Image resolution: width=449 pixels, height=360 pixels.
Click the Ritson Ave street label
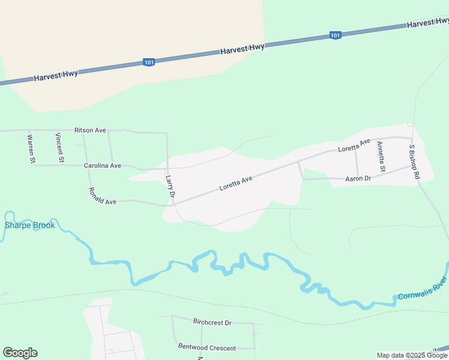[90, 130]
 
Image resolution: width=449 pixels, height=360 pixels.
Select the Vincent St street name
[59, 148]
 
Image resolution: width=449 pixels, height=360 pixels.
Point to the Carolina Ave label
[102, 166]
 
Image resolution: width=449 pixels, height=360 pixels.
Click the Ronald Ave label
[102, 197]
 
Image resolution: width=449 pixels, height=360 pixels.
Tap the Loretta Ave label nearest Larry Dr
[235, 182]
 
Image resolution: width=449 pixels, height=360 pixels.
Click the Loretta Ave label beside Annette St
[354, 145]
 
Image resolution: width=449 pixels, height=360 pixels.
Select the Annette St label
[381, 155]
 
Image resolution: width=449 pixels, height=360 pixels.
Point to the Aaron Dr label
[358, 178]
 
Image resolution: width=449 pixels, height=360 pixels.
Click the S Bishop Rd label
[413, 163]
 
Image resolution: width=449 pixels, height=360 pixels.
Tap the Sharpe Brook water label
[30, 225]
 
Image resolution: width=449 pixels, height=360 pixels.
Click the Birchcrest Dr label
[212, 322]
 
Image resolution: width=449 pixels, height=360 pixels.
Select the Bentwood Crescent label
[207, 347]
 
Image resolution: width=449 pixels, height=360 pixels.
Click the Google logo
[20, 353]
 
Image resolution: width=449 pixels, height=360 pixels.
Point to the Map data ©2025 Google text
[412, 355]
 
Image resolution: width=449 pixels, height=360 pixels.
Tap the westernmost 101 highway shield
[149, 62]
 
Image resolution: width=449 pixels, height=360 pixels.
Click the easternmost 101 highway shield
[335, 35]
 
